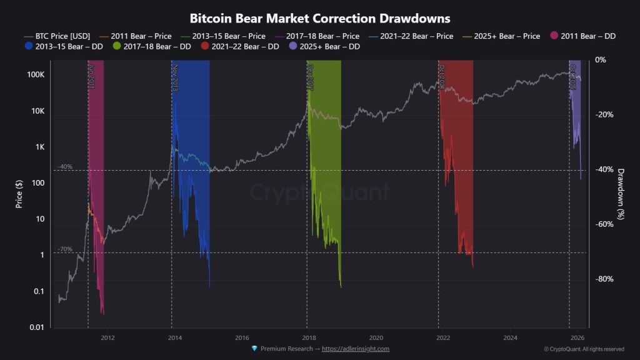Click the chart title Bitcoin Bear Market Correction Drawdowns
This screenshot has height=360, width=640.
coord(319,19)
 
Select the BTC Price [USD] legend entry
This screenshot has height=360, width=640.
coord(59,36)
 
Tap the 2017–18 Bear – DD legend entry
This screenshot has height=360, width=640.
coord(152,46)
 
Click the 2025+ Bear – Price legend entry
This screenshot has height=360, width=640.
coord(505,36)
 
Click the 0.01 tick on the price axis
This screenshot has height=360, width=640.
coord(36,327)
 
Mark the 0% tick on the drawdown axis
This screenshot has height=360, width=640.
coord(601,60)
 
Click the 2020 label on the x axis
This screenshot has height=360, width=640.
coord(376,337)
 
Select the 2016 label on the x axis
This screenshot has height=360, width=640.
coord(242,337)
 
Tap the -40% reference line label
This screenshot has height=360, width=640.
coord(65,167)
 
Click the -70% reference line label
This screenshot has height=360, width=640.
coord(65,249)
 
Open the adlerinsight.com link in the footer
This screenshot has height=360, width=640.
coord(355,349)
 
